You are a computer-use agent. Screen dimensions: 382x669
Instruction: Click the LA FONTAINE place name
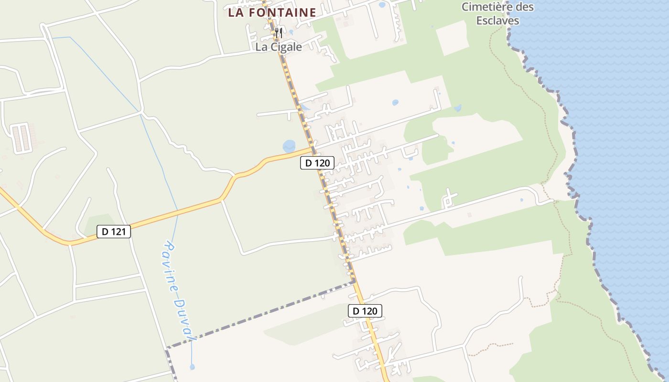point(272,13)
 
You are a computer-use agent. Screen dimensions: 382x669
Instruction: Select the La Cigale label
point(279,47)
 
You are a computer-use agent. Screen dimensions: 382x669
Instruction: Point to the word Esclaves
point(497,21)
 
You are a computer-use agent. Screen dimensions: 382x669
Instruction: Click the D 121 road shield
point(114,232)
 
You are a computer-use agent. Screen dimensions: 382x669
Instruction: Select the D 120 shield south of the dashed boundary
point(365,311)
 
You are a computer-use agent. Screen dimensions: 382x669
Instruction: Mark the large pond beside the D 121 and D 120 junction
point(289,146)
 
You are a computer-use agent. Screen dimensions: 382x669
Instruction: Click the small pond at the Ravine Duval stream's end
point(192,367)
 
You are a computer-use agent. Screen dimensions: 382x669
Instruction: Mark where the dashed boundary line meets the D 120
point(354,281)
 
